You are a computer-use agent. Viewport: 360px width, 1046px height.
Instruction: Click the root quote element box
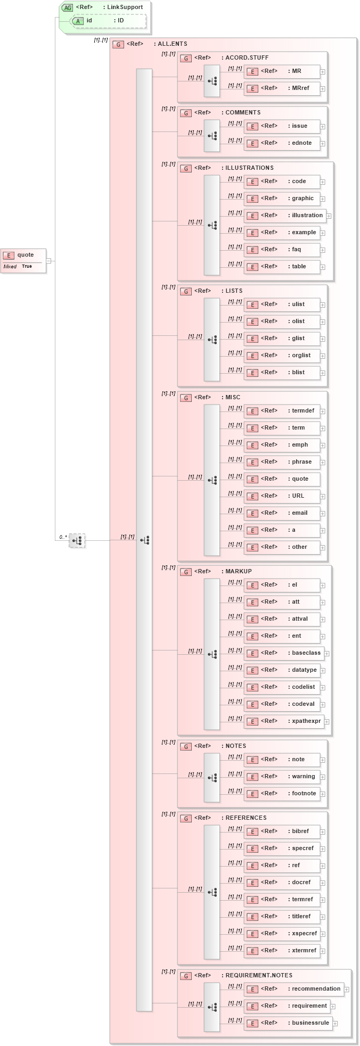coord(23,260)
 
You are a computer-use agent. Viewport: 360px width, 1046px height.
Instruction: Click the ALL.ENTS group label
coord(150,44)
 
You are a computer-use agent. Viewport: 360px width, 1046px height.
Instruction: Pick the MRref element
coord(282,88)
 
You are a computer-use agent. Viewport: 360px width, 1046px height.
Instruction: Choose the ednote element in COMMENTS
coord(282,143)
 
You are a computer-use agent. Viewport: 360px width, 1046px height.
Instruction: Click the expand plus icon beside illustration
coord(329,216)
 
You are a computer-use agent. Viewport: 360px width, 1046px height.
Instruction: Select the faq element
coord(282,250)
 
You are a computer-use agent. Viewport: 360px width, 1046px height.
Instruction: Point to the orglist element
coord(282,356)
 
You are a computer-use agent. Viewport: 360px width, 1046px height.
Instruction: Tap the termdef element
coord(282,411)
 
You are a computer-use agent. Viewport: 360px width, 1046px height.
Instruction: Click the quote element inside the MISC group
coord(282,479)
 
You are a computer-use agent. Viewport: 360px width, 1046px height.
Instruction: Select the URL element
coord(282,496)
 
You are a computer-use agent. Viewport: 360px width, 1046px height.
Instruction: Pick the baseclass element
coord(284,653)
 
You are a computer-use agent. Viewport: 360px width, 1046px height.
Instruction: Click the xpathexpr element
coord(284,721)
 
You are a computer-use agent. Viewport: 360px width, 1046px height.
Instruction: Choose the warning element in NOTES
coord(282,777)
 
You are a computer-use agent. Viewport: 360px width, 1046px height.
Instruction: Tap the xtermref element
coord(282,951)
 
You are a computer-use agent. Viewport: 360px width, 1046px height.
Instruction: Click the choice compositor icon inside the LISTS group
coord(212,340)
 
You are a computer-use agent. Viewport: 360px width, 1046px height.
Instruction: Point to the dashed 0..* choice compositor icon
coord(77,540)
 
